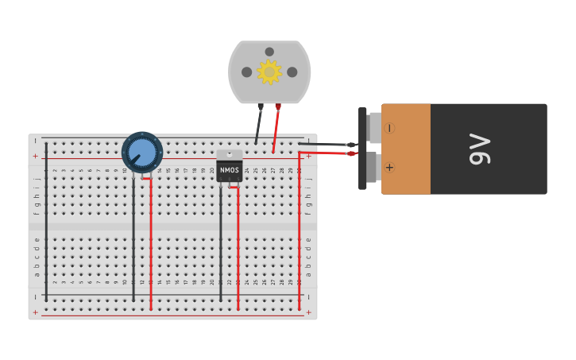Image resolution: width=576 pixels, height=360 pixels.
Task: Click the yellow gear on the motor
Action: (269, 72)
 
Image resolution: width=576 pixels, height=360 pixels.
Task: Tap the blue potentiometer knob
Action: (142, 152)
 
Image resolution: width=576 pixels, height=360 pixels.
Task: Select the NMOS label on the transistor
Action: (230, 170)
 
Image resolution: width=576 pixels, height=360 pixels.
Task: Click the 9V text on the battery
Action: (481, 149)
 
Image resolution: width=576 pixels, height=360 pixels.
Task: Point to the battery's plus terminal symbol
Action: (389, 168)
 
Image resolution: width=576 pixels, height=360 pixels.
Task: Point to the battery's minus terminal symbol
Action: (389, 128)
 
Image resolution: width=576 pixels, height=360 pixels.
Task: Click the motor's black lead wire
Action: (258, 125)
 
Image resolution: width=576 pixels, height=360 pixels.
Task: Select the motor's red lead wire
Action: (276, 127)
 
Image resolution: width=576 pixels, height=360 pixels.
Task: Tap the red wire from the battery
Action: (326, 153)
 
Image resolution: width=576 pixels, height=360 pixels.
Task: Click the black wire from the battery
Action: (326, 144)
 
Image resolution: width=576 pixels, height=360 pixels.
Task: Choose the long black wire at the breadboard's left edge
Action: (46, 223)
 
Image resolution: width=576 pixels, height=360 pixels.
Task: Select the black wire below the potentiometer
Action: (133, 238)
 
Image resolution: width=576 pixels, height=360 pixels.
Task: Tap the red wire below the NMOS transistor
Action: (238, 246)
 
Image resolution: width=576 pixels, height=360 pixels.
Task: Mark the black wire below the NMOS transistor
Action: (221, 246)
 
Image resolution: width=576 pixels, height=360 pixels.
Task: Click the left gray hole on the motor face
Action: (247, 72)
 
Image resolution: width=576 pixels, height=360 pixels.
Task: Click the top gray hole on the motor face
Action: (269, 52)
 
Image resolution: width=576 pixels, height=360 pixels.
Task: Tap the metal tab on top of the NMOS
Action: (230, 154)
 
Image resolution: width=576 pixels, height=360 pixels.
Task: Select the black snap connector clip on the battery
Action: (362, 148)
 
